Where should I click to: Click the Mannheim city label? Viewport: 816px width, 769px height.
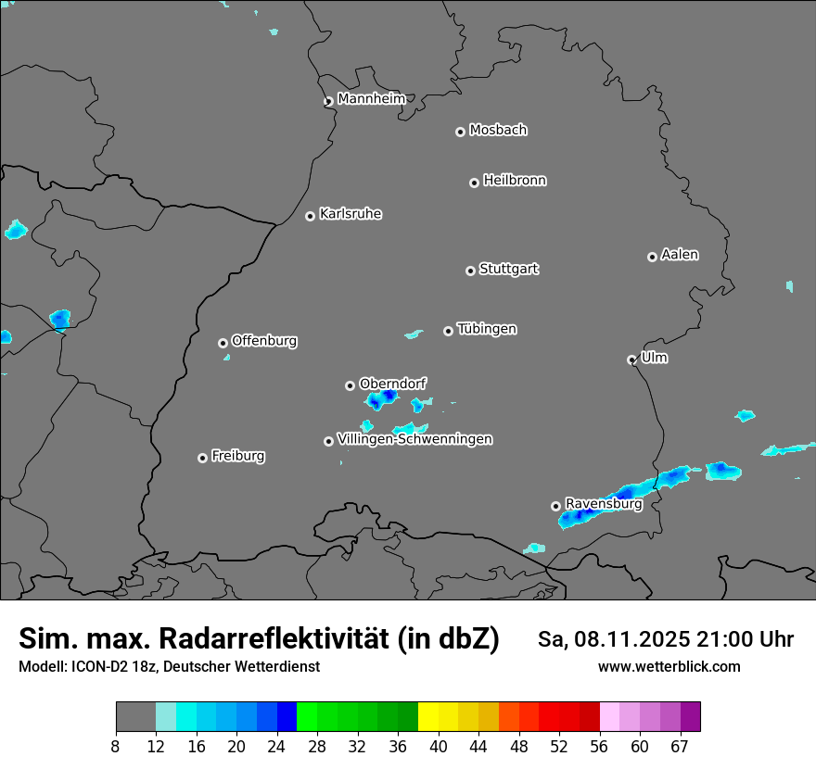click(x=371, y=99)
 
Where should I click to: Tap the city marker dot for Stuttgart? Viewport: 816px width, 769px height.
click(x=470, y=271)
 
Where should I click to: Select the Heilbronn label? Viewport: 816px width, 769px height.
click(x=515, y=181)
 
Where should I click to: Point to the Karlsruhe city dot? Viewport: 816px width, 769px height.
click(x=310, y=216)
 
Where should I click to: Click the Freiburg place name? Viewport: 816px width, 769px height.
click(x=237, y=456)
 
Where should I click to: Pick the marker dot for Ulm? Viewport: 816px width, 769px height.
click(x=631, y=359)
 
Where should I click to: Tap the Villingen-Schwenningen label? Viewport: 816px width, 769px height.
click(x=414, y=439)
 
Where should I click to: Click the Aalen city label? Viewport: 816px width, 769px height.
click(x=680, y=255)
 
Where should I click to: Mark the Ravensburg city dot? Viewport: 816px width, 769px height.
click(x=555, y=506)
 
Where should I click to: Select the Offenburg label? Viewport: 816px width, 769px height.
click(x=264, y=341)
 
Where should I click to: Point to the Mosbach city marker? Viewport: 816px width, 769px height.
click(x=460, y=132)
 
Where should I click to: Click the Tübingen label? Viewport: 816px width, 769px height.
click(x=487, y=329)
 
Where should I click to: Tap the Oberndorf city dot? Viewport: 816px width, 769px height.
click(x=350, y=385)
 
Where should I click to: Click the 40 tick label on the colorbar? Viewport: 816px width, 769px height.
click(x=439, y=746)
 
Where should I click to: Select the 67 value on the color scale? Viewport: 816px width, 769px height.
click(x=680, y=746)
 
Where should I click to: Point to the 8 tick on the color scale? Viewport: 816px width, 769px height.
click(x=116, y=746)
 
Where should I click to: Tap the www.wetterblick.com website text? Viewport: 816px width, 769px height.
click(x=669, y=667)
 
